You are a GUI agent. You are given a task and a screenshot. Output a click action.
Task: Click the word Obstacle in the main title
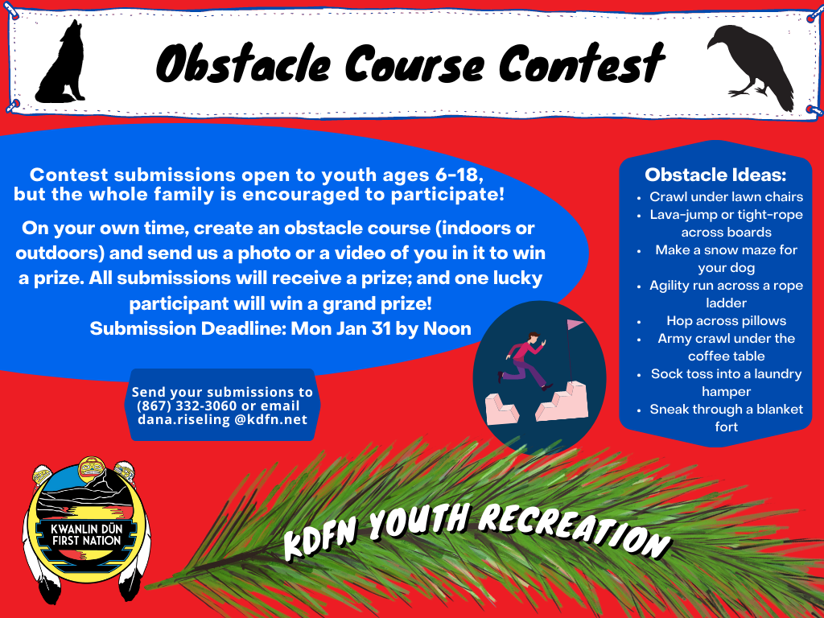[x=243, y=64]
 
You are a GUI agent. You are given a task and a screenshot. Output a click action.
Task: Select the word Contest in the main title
[x=582, y=63]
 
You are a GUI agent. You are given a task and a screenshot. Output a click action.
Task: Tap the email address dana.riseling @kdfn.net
[x=222, y=420]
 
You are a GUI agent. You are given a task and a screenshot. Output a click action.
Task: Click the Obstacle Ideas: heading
[x=715, y=175]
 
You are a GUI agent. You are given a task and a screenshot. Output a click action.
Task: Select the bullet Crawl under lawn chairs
[x=727, y=196]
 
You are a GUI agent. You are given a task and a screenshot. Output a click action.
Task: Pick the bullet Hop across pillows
[x=727, y=320]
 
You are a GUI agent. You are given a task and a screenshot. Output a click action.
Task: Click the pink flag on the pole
[x=575, y=324]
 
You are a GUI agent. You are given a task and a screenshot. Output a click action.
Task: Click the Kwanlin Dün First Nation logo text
[x=87, y=534]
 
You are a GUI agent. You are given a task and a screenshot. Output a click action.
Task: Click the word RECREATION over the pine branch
[x=575, y=531]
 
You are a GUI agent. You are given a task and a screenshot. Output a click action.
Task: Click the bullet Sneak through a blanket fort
[x=727, y=418]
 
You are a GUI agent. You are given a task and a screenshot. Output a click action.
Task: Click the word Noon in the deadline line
[x=447, y=328]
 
